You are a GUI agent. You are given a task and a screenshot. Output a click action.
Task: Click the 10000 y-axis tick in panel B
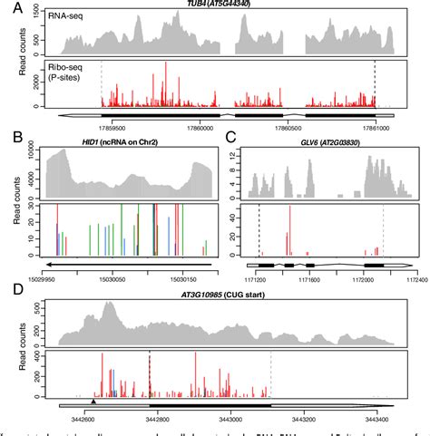point(36,156)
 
